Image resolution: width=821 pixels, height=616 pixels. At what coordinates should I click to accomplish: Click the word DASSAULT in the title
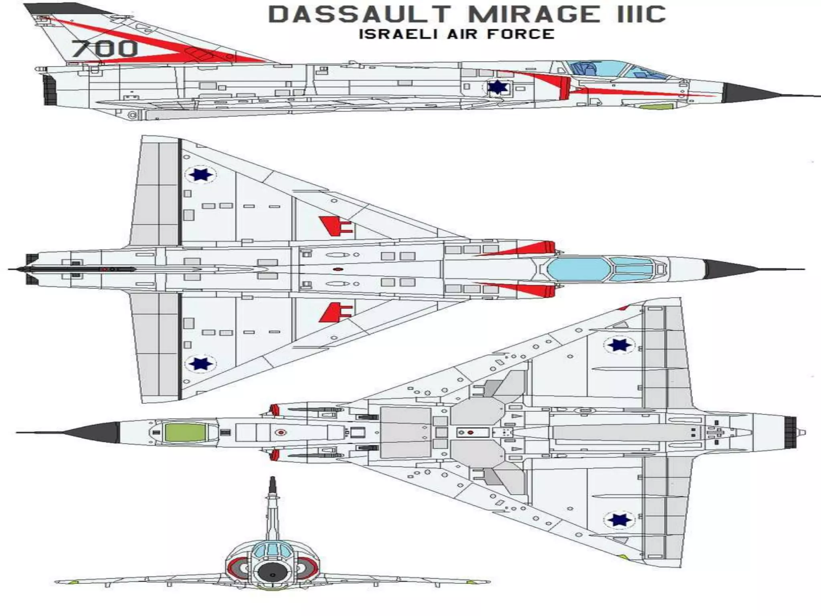(359, 14)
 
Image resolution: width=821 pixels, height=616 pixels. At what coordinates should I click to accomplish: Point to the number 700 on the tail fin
(105, 49)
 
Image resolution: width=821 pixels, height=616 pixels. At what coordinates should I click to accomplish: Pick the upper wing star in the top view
(200, 174)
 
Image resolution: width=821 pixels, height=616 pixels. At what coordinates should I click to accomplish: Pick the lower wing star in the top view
(200, 363)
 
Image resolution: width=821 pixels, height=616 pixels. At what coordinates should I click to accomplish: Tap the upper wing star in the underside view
(619, 344)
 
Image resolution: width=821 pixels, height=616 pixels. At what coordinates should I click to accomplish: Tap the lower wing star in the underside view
(619, 520)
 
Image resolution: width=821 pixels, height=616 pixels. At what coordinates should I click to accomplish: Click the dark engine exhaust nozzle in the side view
(49, 90)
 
